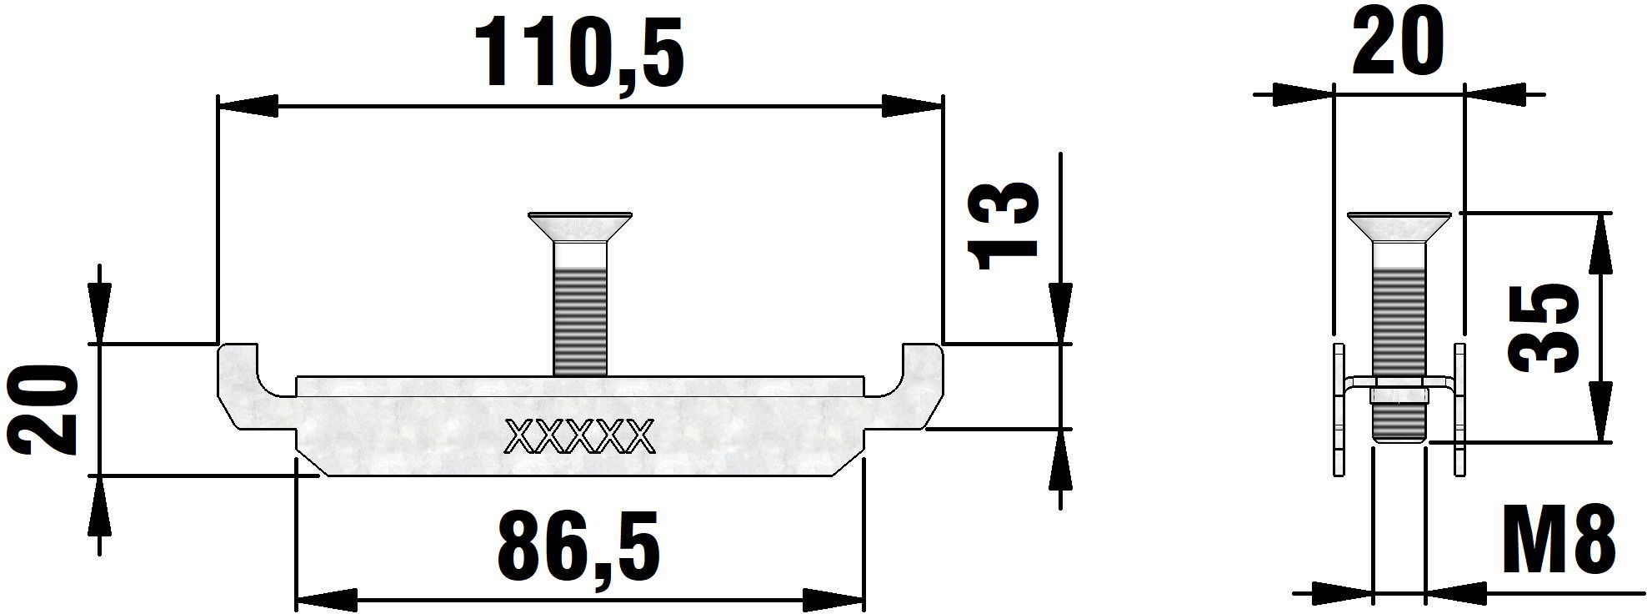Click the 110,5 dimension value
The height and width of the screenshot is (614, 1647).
click(x=578, y=54)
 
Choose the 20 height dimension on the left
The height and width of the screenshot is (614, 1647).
click(x=41, y=409)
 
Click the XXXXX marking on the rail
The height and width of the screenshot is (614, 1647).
click(x=580, y=435)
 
